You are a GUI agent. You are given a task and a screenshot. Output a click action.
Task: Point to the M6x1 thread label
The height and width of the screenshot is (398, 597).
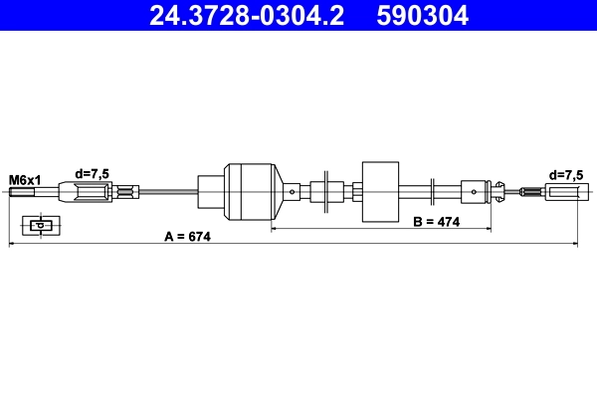(25, 179)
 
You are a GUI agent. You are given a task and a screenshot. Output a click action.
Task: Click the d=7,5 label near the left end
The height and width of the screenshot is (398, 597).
(93, 174)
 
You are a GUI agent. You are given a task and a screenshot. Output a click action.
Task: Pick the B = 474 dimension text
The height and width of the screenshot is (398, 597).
(436, 221)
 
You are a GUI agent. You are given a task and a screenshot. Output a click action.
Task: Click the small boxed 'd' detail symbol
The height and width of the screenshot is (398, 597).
(40, 225)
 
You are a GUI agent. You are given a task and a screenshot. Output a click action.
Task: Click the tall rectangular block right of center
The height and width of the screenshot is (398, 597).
(380, 191)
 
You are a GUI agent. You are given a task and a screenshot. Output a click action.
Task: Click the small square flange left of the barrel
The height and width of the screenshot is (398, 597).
(211, 192)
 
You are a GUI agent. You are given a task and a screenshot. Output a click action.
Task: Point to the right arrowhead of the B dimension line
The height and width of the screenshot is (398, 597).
(489, 229)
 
